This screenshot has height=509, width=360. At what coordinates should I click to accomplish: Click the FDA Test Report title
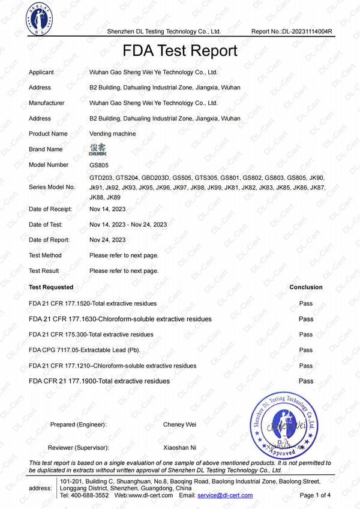[x=180, y=51]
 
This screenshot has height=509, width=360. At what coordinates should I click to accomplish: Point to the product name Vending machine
[x=112, y=134]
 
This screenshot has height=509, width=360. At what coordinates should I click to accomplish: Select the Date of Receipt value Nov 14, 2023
[x=107, y=209]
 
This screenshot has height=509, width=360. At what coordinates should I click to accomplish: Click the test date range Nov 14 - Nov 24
[x=128, y=224]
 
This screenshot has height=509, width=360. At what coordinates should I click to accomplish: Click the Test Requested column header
[x=51, y=287]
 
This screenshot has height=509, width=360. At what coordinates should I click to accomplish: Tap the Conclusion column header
[x=305, y=287]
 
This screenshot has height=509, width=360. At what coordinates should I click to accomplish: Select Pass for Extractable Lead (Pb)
[x=305, y=350]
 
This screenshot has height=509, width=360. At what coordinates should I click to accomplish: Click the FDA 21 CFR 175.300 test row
[x=91, y=335]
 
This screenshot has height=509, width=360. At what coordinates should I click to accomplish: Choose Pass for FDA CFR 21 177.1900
[x=305, y=381]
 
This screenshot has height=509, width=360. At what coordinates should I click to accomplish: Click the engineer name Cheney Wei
[x=179, y=424]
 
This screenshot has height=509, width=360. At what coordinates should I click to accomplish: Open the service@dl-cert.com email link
[x=225, y=496]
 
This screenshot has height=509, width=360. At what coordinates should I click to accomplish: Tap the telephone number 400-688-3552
[x=91, y=496]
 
